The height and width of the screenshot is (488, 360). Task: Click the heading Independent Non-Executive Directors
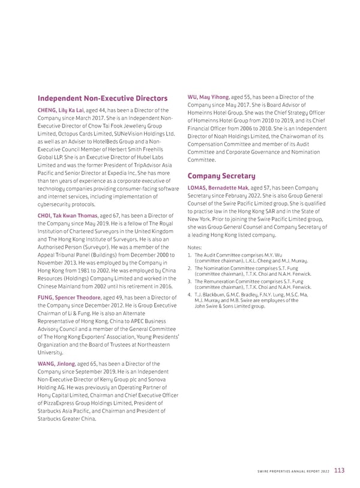pyautogui.click(x=103, y=98)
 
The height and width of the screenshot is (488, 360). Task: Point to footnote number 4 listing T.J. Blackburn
pyautogui.click(x=190, y=294)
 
